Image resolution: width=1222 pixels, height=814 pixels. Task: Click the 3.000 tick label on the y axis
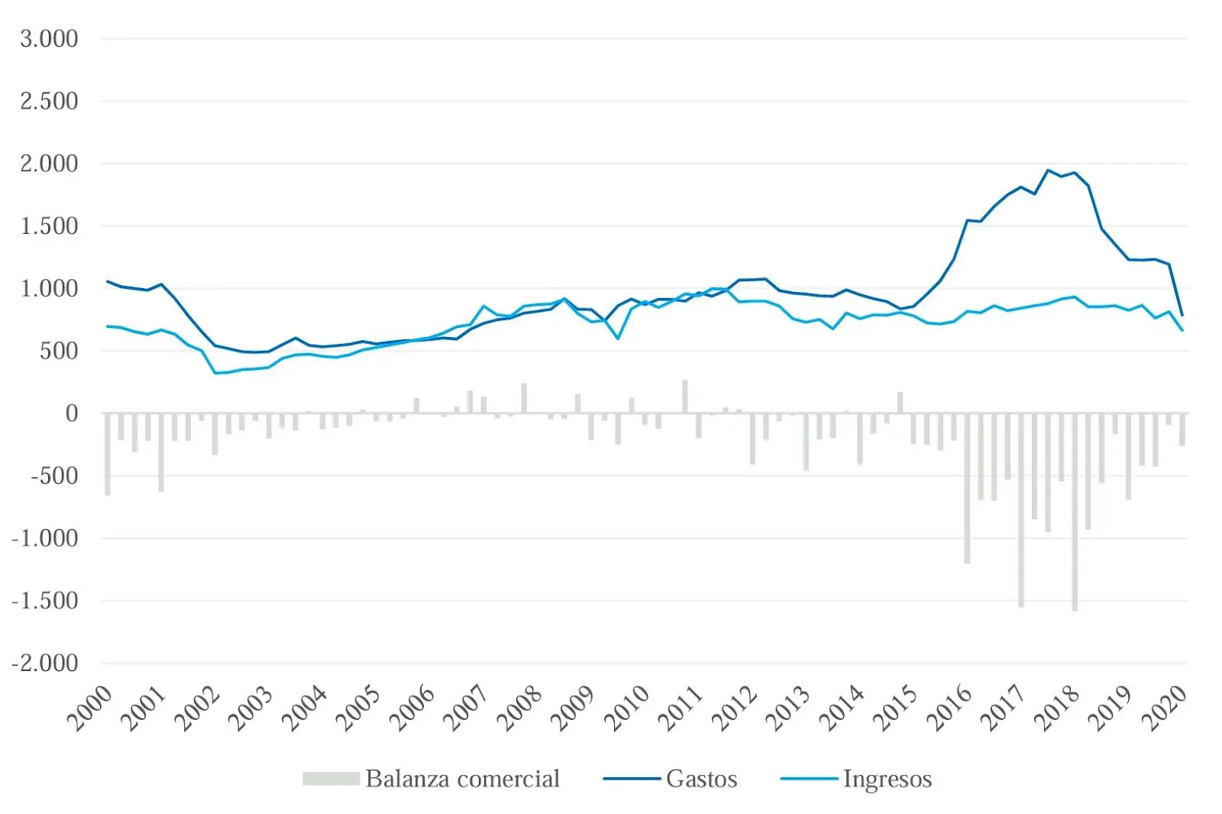49,39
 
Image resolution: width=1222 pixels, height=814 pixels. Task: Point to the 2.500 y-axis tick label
49,101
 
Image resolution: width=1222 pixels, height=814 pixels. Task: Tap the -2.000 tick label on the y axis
45,663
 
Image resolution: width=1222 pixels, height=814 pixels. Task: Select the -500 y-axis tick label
54,476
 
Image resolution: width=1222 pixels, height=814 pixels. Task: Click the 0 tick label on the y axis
72,413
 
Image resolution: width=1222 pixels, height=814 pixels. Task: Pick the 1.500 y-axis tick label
49,226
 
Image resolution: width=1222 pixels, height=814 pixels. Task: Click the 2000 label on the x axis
90,709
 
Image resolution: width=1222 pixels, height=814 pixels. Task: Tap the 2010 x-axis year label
627,709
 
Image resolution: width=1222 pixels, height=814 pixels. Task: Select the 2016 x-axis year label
949,709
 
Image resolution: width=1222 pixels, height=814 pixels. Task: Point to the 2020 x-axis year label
1164,709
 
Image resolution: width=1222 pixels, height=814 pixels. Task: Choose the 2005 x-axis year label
359,709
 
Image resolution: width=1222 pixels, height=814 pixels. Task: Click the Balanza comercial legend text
462,779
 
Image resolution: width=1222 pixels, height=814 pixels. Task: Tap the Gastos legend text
701,779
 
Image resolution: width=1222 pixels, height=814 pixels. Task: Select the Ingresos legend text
887,779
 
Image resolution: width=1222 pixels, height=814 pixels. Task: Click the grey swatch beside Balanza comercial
331,779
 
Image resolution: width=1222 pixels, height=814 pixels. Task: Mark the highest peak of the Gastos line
1048,170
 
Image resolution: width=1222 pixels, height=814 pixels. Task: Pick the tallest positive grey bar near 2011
685,397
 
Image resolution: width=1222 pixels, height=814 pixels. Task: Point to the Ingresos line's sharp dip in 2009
618,338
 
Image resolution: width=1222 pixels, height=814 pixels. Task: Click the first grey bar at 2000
108,454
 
